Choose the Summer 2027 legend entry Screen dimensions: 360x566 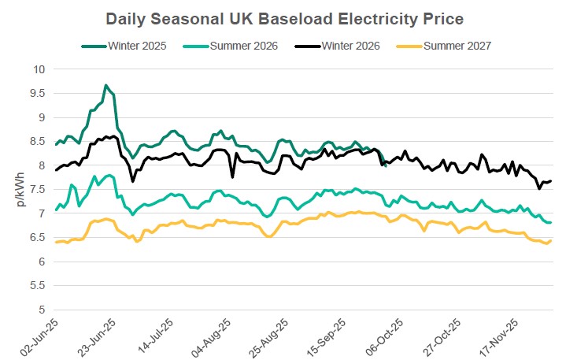(457, 45)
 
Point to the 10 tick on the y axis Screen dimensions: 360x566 (39, 69)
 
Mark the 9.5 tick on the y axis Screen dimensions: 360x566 (37, 93)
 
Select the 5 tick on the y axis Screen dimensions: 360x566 (42, 310)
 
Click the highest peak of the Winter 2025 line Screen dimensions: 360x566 (106, 85)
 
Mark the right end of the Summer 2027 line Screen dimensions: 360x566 (550, 241)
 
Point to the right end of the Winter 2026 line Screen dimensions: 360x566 (550, 180)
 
